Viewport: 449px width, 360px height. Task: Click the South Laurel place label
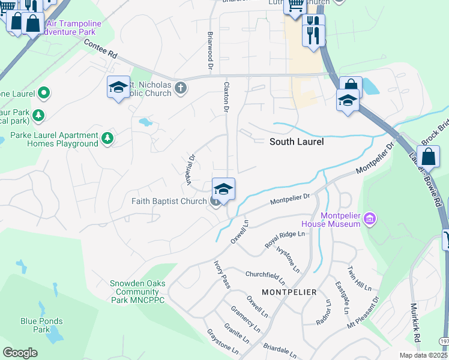297,142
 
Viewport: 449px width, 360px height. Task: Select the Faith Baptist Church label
169,202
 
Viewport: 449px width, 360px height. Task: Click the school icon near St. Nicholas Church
118,87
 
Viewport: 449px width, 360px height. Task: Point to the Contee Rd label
100,49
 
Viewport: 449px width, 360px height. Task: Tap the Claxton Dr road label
227,97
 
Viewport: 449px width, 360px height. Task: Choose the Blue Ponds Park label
41,325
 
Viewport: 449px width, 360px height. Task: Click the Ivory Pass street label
222,274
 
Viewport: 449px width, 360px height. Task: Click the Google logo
20,353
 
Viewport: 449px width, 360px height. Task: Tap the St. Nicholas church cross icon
179,89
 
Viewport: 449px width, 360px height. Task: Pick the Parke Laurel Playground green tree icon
107,139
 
